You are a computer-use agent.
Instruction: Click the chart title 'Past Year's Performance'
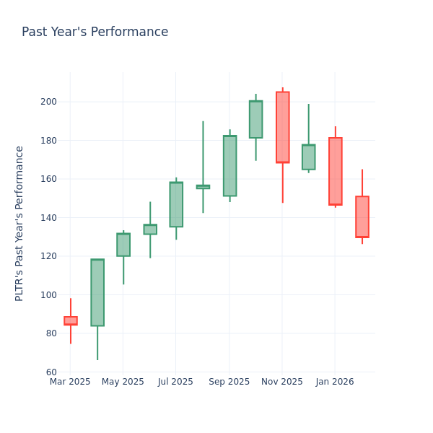click(95, 32)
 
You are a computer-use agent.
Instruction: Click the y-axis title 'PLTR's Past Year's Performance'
click(20, 223)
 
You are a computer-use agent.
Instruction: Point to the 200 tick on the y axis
click(49, 102)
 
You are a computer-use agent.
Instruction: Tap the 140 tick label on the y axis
click(49, 218)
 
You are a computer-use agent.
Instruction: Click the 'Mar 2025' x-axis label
click(70, 382)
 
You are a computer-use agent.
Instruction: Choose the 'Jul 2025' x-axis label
click(176, 382)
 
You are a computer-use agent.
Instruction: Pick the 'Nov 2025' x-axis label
click(282, 382)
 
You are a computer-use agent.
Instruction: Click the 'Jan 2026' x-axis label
click(335, 382)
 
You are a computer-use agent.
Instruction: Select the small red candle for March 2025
click(71, 320)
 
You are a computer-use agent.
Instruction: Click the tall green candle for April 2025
click(97, 292)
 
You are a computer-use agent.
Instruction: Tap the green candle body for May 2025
click(123, 245)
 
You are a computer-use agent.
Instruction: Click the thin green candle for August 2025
click(203, 187)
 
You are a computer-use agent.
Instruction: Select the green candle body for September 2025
click(229, 166)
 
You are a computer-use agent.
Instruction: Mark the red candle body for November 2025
click(282, 127)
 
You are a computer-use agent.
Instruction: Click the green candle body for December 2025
click(308, 157)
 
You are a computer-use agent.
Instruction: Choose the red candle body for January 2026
click(335, 171)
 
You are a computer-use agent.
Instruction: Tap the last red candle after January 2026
click(362, 216)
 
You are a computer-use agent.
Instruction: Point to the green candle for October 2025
click(255, 119)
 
